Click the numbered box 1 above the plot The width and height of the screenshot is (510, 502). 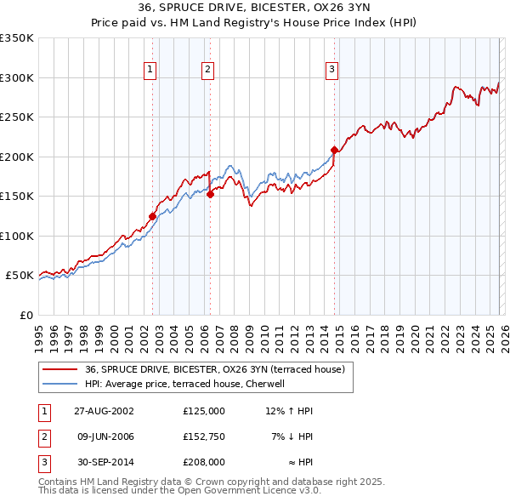click(x=150, y=71)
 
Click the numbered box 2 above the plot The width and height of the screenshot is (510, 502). click(x=207, y=71)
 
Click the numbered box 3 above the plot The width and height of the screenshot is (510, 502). click(x=332, y=71)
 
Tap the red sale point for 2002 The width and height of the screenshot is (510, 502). click(x=153, y=216)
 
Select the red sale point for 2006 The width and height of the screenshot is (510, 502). click(x=210, y=194)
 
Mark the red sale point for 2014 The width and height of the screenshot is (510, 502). click(x=334, y=151)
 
